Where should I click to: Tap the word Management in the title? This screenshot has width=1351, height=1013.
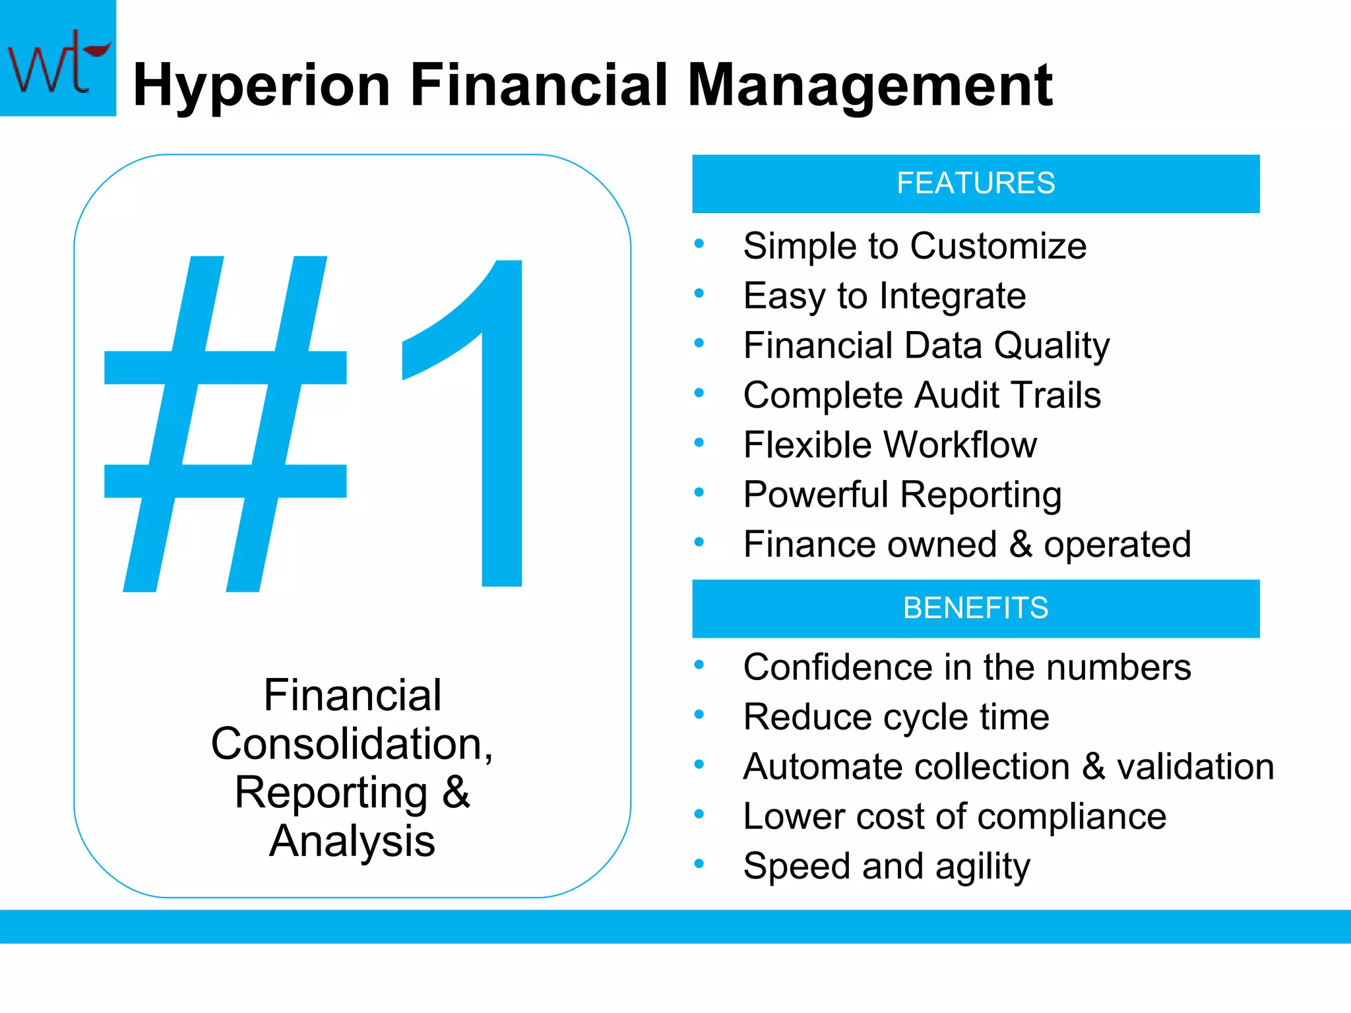pos(869,86)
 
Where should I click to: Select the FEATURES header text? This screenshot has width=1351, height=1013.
pos(975,183)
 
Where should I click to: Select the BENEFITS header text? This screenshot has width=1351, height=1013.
pos(975,608)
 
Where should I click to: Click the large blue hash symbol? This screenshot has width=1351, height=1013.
pos(225,423)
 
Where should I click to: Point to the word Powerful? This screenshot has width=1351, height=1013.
pos(816,495)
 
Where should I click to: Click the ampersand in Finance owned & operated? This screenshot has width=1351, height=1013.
pos(1021,545)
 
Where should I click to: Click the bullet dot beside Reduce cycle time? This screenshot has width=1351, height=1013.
pos(699,714)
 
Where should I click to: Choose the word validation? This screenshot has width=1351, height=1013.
pos(1195,767)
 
